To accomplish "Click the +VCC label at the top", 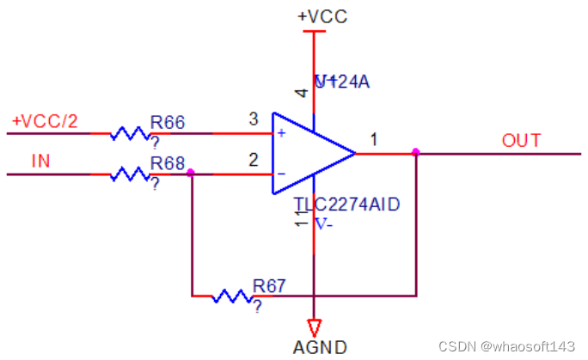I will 322,16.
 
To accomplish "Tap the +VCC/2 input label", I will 45,121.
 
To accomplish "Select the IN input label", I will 40,161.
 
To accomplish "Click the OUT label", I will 522,141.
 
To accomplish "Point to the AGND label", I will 321,347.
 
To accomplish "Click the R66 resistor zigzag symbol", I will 129,134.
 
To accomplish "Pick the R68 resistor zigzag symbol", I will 129,174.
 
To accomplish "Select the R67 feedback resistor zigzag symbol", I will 230,296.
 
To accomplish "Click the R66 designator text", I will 168,122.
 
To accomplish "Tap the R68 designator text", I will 168,162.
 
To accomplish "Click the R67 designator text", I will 269,285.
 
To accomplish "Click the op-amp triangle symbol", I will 309,154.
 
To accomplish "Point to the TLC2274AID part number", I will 348,204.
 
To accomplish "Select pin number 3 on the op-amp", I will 253,119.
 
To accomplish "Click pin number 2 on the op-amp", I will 253,159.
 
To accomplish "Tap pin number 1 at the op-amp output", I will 374,138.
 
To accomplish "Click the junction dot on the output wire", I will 416,153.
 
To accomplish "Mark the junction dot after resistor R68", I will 191,174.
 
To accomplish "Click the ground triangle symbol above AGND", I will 315,326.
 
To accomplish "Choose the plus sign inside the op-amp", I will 281,133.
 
